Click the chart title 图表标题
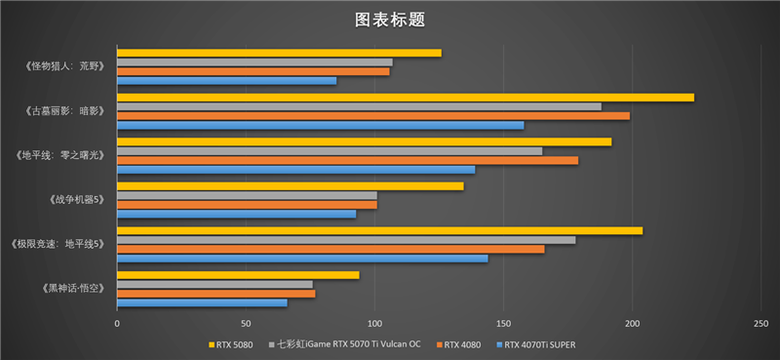[389, 20]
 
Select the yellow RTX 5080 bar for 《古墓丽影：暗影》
[405, 98]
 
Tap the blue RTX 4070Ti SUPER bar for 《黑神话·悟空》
[202, 302]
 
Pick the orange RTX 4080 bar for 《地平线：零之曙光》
[347, 160]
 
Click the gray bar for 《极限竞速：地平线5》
[346, 240]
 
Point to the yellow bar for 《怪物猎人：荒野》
[279, 53]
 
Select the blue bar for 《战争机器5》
[236, 214]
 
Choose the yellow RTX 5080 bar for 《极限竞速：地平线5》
[379, 230]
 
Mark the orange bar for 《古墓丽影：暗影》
[372, 115]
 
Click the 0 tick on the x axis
[117, 323]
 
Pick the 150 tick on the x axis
[503, 323]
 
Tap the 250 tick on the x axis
[761, 323]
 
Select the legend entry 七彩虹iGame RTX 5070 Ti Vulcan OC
[345, 343]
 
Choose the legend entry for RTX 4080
[462, 343]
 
